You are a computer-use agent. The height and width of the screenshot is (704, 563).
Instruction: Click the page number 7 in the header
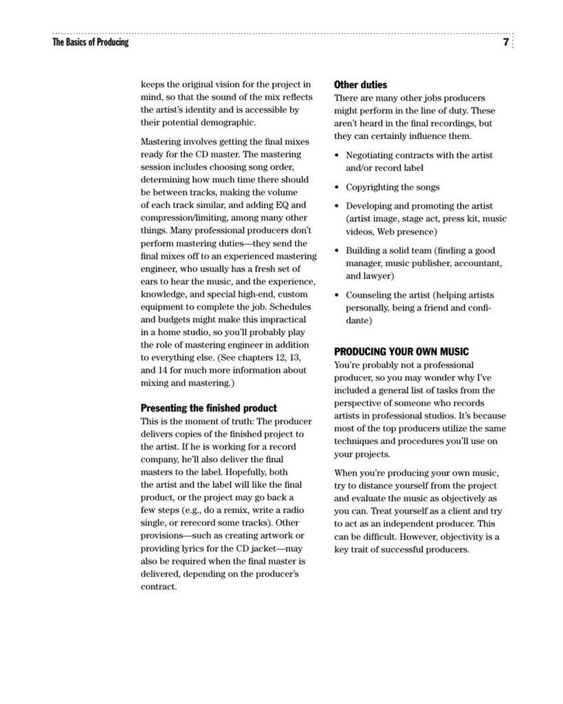(505, 43)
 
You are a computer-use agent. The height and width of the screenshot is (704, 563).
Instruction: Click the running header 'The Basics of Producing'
(90, 43)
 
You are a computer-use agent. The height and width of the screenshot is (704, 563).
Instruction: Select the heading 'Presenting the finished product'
(209, 408)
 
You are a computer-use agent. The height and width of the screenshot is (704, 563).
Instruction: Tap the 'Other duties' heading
(360, 85)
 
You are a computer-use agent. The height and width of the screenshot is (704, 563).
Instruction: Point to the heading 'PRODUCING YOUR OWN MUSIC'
(401, 351)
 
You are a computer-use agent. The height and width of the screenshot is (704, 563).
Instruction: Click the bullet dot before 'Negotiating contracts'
(337, 155)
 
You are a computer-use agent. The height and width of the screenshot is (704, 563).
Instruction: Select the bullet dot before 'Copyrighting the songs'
(337, 187)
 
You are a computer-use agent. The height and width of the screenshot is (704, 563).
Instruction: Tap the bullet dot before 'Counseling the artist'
(337, 295)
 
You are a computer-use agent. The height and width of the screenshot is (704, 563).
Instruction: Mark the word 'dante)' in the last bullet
(359, 320)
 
